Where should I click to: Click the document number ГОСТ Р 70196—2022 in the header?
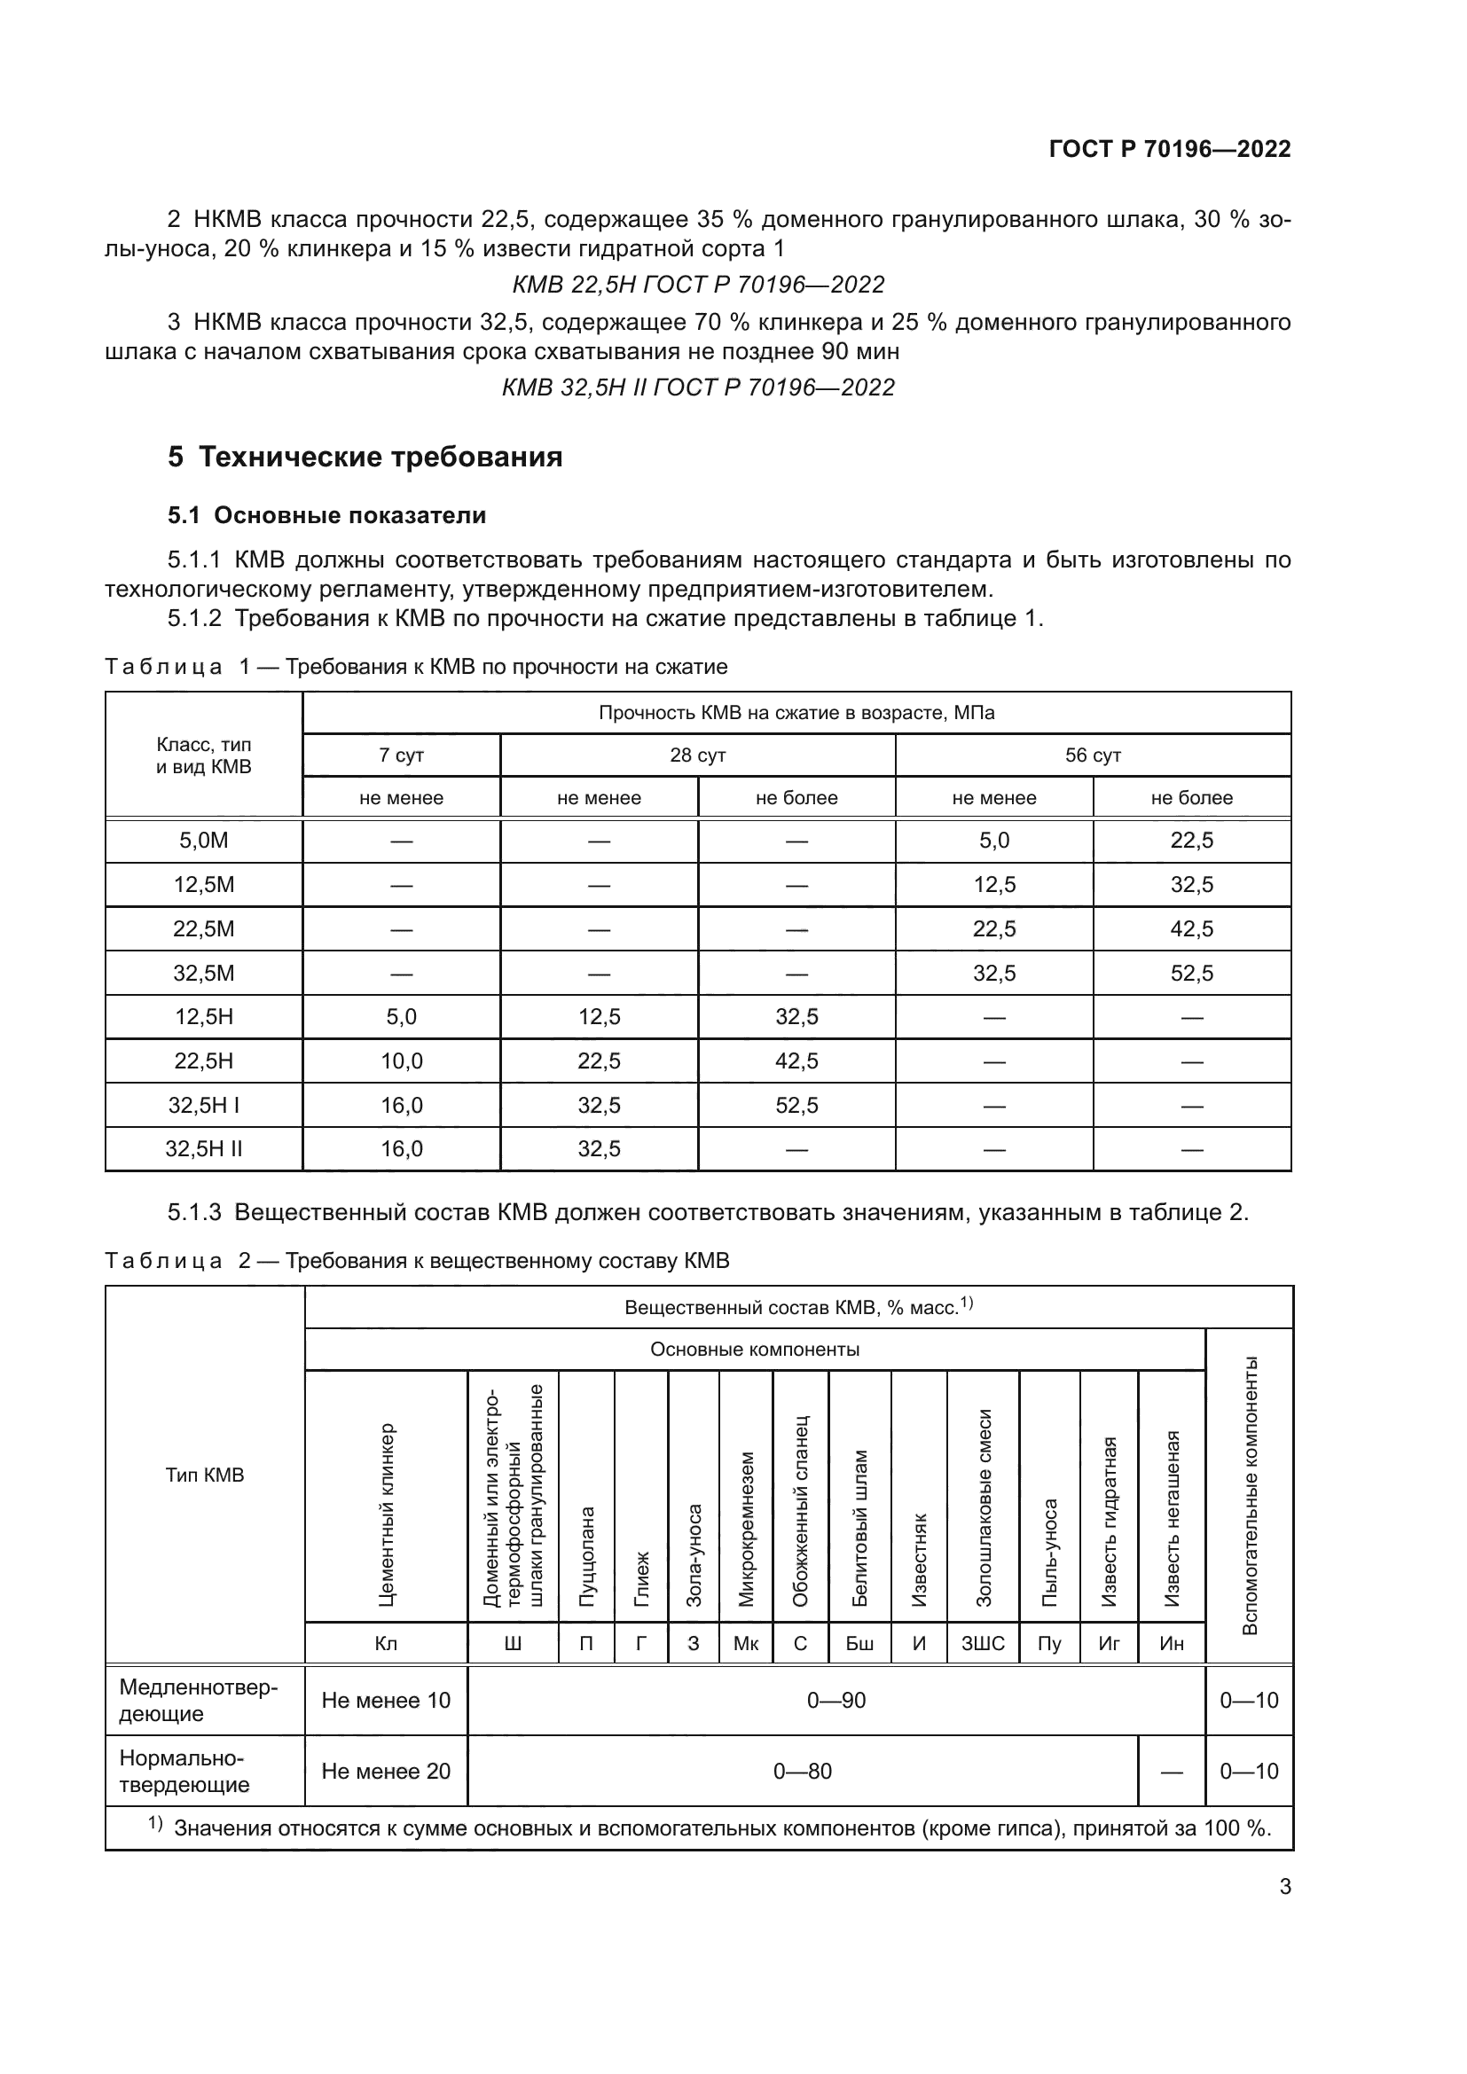coord(1170,149)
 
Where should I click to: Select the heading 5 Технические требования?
coord(365,457)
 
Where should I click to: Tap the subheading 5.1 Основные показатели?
coord(327,516)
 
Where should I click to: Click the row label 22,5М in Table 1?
coord(203,928)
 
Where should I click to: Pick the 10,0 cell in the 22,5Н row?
coord(401,1060)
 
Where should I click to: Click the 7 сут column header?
coord(401,755)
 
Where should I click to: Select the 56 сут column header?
coord(1092,755)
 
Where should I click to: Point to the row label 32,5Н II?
coord(203,1149)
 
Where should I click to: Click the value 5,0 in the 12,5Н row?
coord(401,1017)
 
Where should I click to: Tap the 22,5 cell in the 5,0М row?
coord(1191,841)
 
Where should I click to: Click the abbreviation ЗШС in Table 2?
coord(983,1644)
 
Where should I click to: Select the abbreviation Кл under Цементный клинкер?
coord(386,1644)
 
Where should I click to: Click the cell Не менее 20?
coord(386,1772)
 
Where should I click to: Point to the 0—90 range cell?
coord(835,1701)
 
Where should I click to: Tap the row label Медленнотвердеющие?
coord(199,1701)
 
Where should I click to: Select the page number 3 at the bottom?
coord(1284,1887)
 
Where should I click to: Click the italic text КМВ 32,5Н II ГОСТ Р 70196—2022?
coord(697,387)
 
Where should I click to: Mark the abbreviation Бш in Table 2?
coord(859,1644)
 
